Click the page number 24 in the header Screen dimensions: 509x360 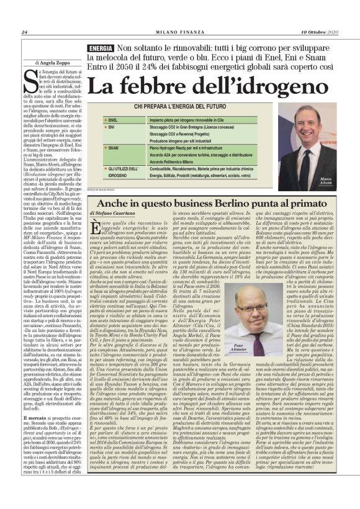tap(25, 32)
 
